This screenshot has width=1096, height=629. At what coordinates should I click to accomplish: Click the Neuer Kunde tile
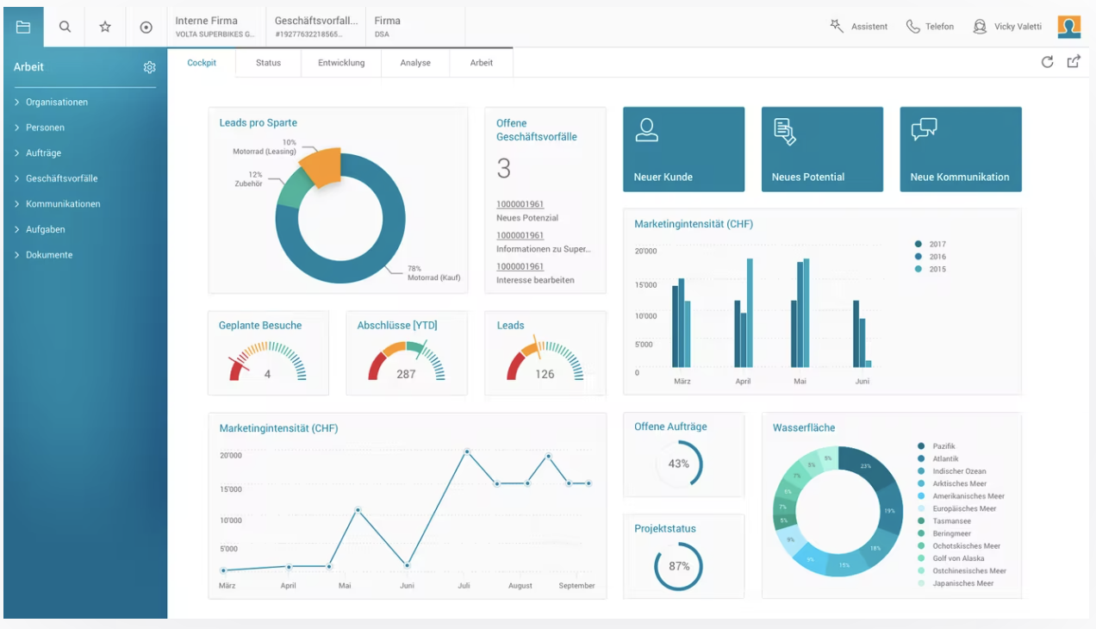point(683,149)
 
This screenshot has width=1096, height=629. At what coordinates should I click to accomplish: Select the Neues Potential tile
point(822,149)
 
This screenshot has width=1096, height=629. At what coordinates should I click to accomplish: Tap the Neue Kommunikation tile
point(960,149)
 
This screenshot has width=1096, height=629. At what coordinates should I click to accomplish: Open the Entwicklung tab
point(341,63)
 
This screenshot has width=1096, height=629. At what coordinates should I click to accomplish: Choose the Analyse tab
point(415,63)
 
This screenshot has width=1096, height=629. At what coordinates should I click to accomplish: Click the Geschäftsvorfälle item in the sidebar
point(61,178)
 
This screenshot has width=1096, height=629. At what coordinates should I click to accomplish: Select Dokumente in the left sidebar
point(49,255)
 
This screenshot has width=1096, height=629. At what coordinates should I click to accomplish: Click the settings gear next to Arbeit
point(149,67)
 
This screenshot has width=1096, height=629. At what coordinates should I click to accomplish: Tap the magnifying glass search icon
point(65,27)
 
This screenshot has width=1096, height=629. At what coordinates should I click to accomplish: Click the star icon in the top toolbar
point(105,27)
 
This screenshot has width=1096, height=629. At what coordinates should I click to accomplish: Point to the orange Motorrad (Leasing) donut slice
point(320,167)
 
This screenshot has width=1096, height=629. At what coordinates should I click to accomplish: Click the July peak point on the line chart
point(467,452)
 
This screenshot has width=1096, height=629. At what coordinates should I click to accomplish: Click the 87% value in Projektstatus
point(679,566)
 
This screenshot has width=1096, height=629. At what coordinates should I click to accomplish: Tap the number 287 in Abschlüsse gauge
point(406,374)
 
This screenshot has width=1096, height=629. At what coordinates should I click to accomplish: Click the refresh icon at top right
point(1047,61)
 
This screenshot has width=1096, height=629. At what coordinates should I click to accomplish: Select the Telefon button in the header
point(931,27)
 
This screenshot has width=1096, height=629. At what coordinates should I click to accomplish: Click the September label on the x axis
point(576,586)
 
